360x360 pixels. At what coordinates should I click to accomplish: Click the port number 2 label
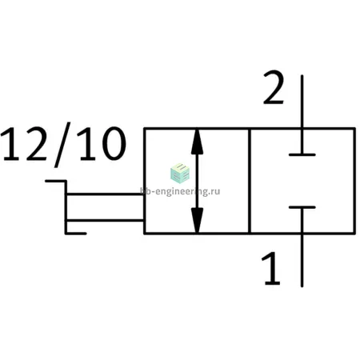(274, 87)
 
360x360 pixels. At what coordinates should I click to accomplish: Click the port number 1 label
(271, 268)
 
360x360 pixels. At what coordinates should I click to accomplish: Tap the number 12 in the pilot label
(24, 144)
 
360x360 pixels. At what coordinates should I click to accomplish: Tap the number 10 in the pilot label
(102, 144)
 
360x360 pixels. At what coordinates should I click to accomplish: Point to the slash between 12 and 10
(62, 145)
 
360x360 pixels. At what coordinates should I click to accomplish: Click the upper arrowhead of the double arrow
(197, 142)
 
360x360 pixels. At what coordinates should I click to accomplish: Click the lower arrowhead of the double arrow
(197, 220)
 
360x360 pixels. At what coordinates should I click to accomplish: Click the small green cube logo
(180, 173)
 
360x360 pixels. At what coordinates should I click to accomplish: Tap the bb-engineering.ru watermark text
(180, 191)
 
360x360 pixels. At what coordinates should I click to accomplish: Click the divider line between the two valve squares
(250, 181)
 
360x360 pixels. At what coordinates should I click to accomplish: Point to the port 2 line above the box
(302, 102)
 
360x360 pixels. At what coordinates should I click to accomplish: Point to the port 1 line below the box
(302, 260)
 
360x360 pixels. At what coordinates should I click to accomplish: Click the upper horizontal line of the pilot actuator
(105, 194)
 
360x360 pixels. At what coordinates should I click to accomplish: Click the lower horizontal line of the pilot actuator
(105, 220)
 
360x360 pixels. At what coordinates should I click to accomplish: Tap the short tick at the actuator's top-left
(55, 181)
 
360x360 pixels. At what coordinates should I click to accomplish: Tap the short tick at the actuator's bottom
(76, 234)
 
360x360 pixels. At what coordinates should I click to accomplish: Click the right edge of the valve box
(354, 181)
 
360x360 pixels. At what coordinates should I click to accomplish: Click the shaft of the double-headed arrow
(197, 181)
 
